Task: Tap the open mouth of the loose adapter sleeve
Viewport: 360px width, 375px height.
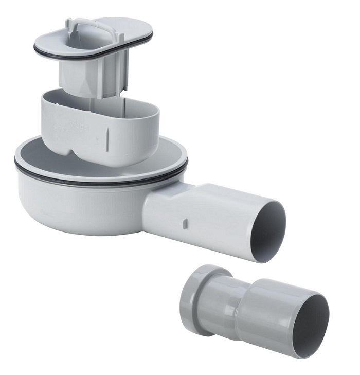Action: pyautogui.click(x=311, y=324)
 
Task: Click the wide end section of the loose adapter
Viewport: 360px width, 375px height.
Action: pyautogui.click(x=278, y=314)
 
